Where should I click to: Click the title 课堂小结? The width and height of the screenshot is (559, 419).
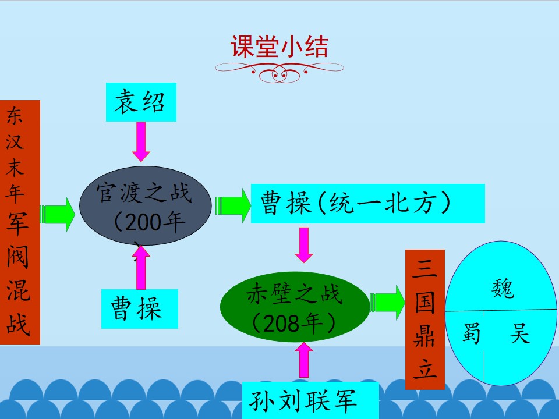pyautogui.click(x=279, y=47)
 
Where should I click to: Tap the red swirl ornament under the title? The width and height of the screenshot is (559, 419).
pyautogui.click(x=279, y=71)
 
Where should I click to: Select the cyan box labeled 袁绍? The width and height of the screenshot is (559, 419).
pyautogui.click(x=141, y=102)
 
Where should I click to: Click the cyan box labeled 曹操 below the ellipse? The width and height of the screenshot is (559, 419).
pyautogui.click(x=139, y=308)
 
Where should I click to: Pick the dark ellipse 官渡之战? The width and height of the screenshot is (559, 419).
pyautogui.click(x=145, y=205)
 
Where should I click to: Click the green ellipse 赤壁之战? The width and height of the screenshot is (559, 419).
pyautogui.click(x=295, y=307)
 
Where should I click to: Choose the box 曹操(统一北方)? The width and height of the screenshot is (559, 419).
pyautogui.click(x=368, y=204)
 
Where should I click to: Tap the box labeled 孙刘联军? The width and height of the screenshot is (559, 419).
pyautogui.click(x=310, y=400)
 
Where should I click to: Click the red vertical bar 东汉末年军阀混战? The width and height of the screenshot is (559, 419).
pyautogui.click(x=20, y=222)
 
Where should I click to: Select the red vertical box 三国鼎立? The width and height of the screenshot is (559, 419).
pyautogui.click(x=425, y=319)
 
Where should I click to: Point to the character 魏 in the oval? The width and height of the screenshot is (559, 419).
pyautogui.click(x=503, y=288)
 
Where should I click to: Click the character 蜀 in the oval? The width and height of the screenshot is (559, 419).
pyautogui.click(x=470, y=333)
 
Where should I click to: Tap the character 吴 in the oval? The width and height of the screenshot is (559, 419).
pyautogui.click(x=520, y=333)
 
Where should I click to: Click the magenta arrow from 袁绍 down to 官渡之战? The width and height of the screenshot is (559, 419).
pyautogui.click(x=141, y=142)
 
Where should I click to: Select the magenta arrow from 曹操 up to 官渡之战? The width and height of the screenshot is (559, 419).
pyautogui.click(x=141, y=267)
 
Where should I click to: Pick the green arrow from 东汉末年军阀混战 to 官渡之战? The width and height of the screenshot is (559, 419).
pyautogui.click(x=58, y=215)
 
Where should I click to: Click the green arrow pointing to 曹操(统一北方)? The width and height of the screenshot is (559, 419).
pyautogui.click(x=233, y=205)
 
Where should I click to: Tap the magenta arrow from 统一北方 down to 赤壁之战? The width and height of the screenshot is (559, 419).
pyautogui.click(x=304, y=245)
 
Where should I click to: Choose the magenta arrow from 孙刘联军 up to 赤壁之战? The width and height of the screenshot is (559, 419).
pyautogui.click(x=304, y=360)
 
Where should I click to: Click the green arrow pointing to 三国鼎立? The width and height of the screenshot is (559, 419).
pyautogui.click(x=388, y=303)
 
